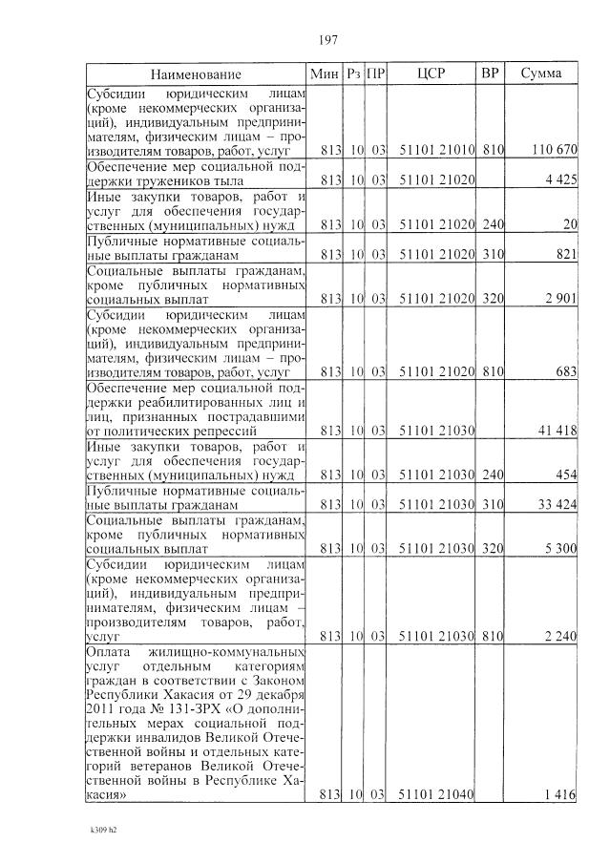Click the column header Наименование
point(195,74)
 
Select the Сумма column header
point(540,74)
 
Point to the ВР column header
point(491,74)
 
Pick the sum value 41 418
point(557,431)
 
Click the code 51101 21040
point(436,793)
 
